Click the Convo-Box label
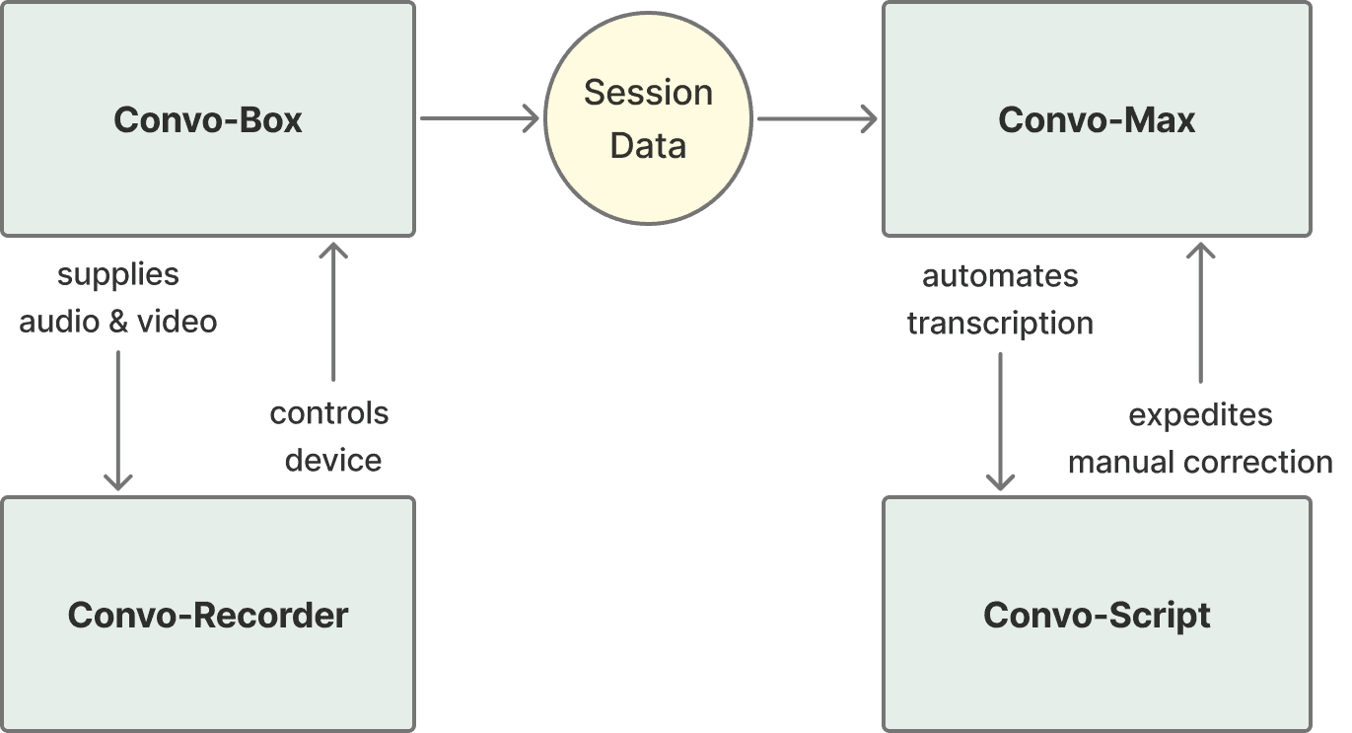208,120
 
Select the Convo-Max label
1097,120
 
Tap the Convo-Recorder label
208,616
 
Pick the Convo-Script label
1097,616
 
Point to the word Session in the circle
648,93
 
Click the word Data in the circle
648,146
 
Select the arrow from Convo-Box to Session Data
480,118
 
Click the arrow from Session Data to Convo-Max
817,119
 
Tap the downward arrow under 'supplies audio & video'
118,419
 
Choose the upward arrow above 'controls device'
334,311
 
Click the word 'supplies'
118,274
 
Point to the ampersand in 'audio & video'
118,322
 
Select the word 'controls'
329,413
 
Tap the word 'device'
333,460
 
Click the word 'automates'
1000,276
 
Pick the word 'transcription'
1000,324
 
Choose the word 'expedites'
1200,415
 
